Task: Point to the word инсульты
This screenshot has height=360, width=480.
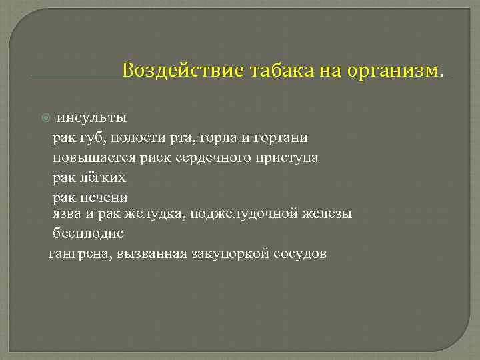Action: point(91,118)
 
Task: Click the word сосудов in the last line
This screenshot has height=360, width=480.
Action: point(300,254)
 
